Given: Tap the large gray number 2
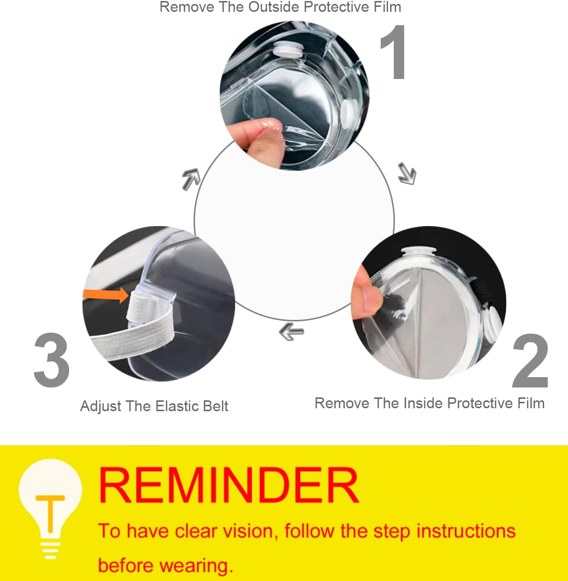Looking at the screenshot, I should point(530,361).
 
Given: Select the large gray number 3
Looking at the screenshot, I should point(51,360).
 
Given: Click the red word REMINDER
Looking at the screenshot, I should point(229,486).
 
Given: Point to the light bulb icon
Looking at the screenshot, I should point(50,508).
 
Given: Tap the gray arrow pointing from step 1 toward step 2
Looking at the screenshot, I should point(407,174).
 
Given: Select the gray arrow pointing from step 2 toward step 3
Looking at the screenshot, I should point(291,331).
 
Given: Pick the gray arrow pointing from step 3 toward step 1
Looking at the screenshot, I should point(191,178).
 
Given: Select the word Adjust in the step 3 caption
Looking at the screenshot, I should point(101,406).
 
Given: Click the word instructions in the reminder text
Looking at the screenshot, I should point(466,531).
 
